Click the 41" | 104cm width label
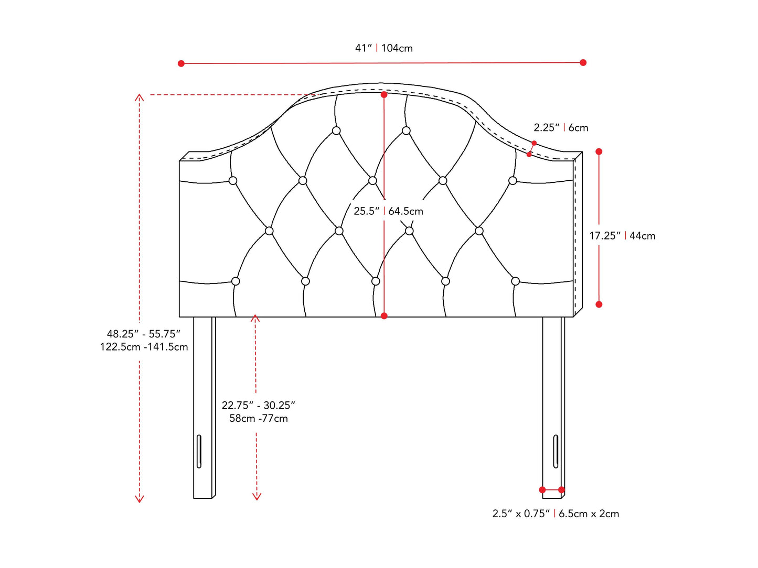pos(383,48)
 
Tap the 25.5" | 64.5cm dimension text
pos(388,211)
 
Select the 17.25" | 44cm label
pos(622,236)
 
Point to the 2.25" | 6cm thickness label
pos(561,128)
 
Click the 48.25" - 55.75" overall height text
pos(144,334)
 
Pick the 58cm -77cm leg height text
pos(259,418)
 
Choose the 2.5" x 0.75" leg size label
pos(521,514)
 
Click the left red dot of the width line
pos(182,63)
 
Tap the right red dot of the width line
pos(583,62)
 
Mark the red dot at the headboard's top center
pos(384,94)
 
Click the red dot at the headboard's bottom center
pos(384,315)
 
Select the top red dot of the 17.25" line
pos(599,151)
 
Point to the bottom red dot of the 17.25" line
pos(599,304)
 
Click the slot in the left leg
pos(199,452)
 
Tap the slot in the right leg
pos(556,452)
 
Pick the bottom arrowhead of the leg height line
pos(257,497)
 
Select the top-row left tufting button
pos(336,130)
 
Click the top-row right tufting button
pos(406,130)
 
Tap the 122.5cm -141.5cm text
pos(144,346)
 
